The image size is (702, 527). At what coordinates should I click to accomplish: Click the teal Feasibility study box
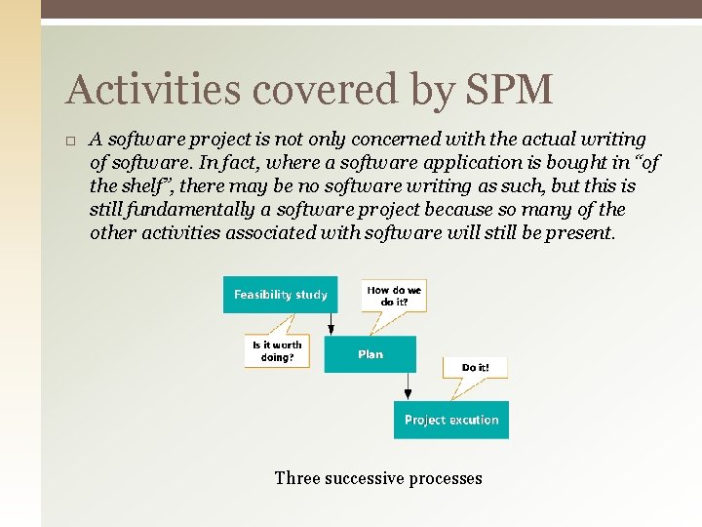click(280, 295)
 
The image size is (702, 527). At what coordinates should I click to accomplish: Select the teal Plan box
click(370, 354)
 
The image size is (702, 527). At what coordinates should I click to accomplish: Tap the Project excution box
click(451, 420)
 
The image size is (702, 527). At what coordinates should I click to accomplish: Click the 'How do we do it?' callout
click(395, 295)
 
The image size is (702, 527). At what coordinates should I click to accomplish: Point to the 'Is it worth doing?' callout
click(277, 350)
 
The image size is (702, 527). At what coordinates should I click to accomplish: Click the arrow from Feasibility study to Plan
click(332, 325)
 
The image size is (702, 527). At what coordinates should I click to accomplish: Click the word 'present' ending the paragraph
click(582, 233)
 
